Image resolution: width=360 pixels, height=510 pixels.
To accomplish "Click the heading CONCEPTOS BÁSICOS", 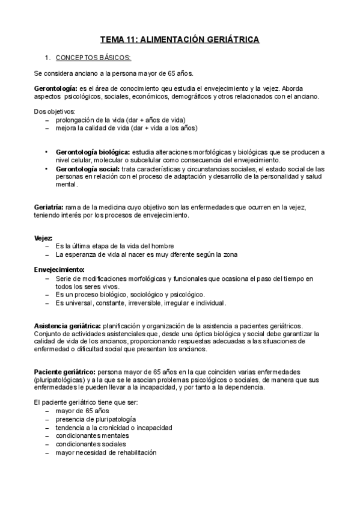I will pyautogui.click(x=93, y=58).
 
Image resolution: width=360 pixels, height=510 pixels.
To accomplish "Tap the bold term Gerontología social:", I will pyautogui.click(x=85, y=169).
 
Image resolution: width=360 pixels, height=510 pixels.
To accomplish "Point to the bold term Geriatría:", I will pyautogui.click(x=49, y=207).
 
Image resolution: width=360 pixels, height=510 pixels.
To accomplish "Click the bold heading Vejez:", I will pyautogui.click(x=44, y=238).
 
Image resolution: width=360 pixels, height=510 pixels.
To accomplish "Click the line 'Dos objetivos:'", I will pyautogui.click(x=55, y=111).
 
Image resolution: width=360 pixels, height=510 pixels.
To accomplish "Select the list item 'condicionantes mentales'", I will pyautogui.click(x=92, y=435).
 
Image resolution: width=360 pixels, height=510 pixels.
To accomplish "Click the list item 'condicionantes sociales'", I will pyautogui.click(x=90, y=444).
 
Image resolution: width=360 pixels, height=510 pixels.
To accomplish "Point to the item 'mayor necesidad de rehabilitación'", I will pyautogui.click(x=105, y=452).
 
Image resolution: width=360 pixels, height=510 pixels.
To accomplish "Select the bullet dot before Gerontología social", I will pyautogui.click(x=46, y=169).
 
